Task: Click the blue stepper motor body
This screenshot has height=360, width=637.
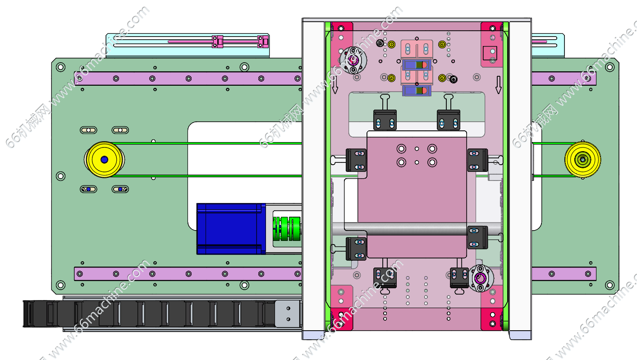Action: [x=231, y=229]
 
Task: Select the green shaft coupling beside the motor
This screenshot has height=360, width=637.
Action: [x=287, y=229]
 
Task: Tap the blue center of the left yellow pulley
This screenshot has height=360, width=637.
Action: [x=105, y=160]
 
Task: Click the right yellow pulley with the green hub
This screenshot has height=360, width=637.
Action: [x=583, y=160]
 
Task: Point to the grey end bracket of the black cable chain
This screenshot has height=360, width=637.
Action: [x=287, y=314]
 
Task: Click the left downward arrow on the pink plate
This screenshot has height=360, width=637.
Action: [x=335, y=85]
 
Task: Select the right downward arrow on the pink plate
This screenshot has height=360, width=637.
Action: [x=499, y=85]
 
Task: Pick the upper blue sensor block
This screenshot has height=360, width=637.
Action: [x=417, y=65]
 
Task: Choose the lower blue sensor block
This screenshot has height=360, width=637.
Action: [x=417, y=91]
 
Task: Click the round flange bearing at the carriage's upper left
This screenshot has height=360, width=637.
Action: [x=353, y=60]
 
